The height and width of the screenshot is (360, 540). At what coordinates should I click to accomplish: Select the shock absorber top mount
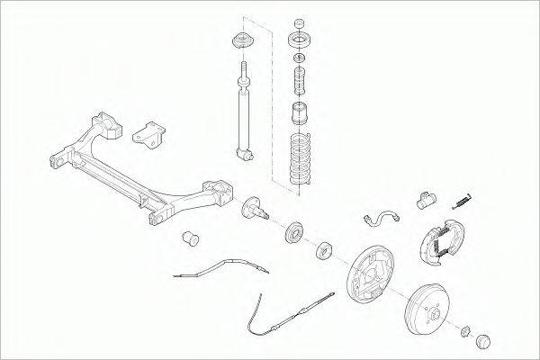tap(241, 42)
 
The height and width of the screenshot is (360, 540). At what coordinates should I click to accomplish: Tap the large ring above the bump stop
tap(299, 40)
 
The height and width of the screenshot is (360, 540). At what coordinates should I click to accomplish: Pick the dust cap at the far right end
tap(484, 343)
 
